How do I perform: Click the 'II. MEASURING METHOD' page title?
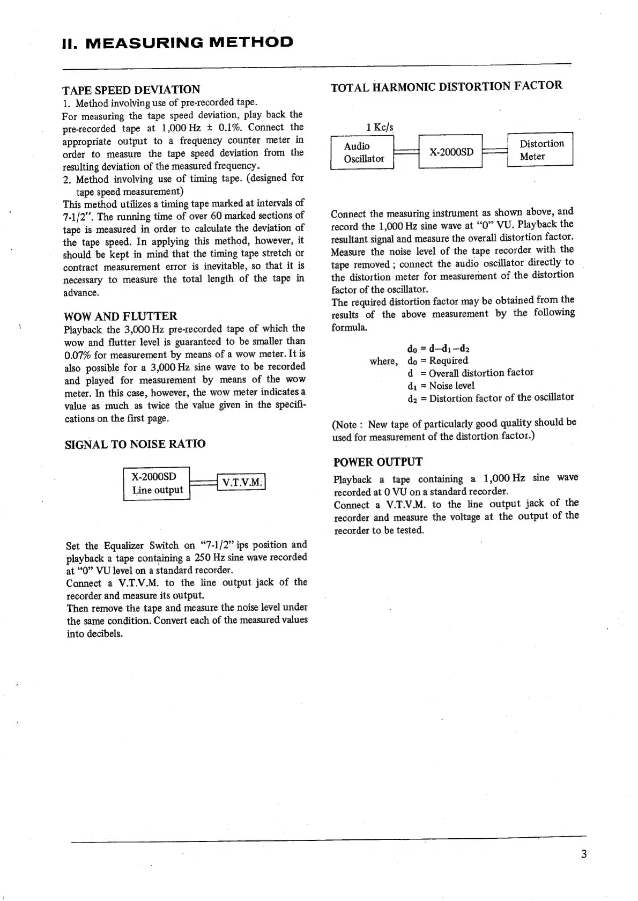pyautogui.click(x=177, y=42)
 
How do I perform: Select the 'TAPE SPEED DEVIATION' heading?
pyautogui.click(x=131, y=90)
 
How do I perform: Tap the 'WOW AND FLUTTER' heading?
pyautogui.click(x=120, y=316)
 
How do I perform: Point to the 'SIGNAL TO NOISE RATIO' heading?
pyautogui.click(x=135, y=444)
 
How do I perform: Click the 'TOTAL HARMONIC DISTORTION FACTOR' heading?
pyautogui.click(x=447, y=86)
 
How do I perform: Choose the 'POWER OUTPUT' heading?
pyautogui.click(x=377, y=462)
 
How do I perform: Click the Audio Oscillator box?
pyautogui.click(x=363, y=152)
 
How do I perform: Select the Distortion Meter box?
pyautogui.click(x=540, y=150)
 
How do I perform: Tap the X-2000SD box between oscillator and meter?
pyautogui.click(x=451, y=152)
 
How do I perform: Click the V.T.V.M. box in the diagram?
pyautogui.click(x=241, y=482)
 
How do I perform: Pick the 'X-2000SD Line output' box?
pyautogui.click(x=157, y=483)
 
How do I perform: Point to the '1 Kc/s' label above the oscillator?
pyautogui.click(x=379, y=128)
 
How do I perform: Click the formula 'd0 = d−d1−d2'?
pyautogui.click(x=438, y=348)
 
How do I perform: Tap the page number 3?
pyautogui.click(x=583, y=854)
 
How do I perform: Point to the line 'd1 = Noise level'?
pyautogui.click(x=441, y=386)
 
